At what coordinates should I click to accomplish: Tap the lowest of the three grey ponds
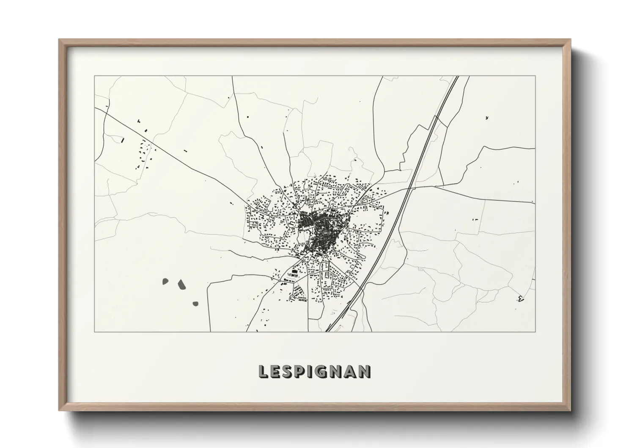click(x=195, y=303)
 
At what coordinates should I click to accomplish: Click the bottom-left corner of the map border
click(x=95, y=332)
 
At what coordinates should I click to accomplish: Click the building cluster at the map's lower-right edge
click(x=520, y=299)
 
